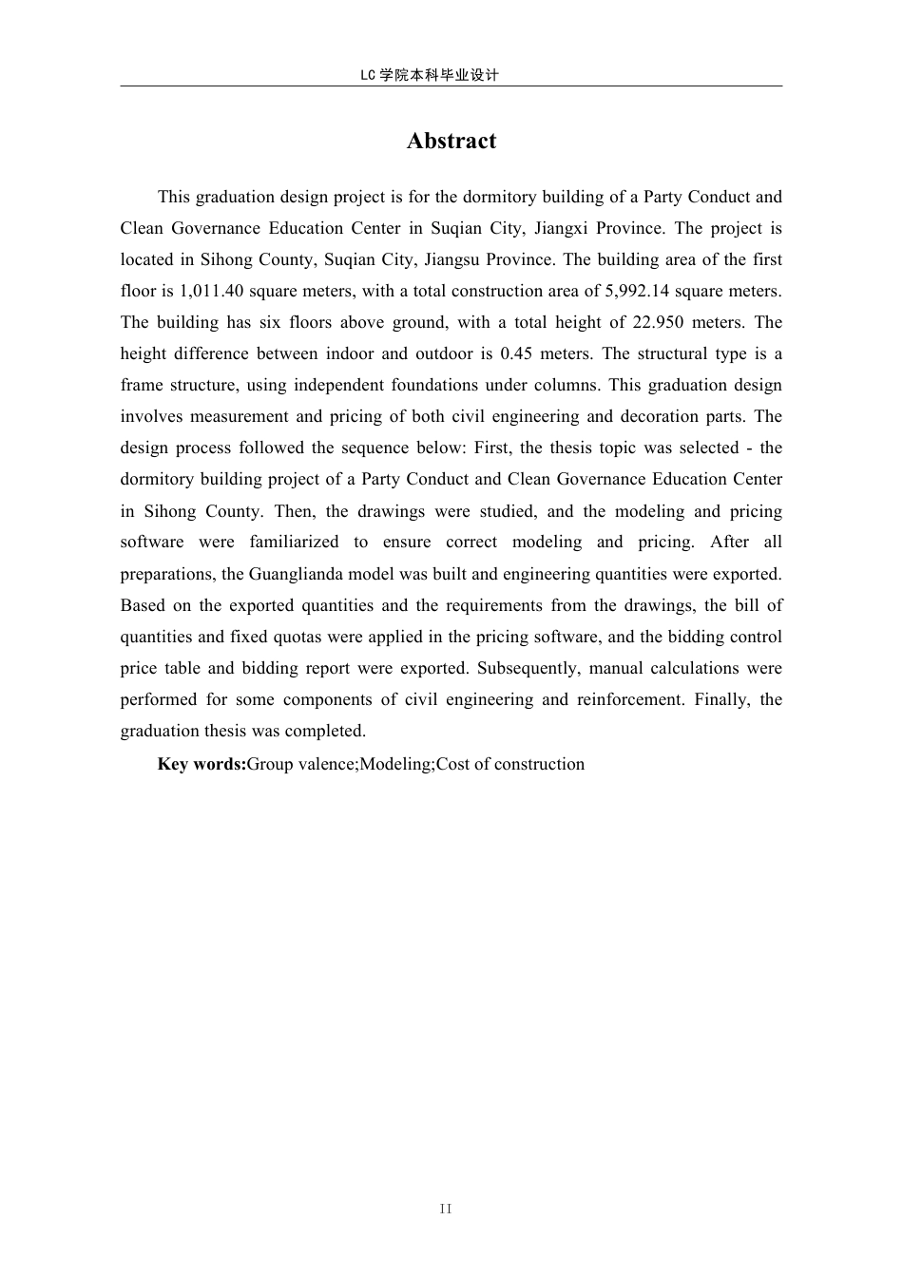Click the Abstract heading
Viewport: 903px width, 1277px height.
(x=451, y=141)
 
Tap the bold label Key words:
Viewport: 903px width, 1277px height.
(x=202, y=764)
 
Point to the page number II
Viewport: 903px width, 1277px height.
(x=447, y=1209)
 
